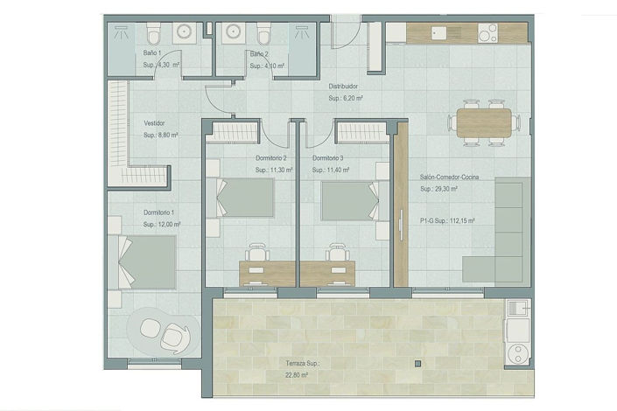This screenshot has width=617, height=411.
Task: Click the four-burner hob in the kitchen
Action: tap(487, 33)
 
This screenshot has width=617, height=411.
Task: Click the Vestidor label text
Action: tap(154, 123)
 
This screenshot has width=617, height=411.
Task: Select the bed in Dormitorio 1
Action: tap(144, 261)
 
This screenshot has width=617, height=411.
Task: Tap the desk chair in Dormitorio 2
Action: tap(258, 252)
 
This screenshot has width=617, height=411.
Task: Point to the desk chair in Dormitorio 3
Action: tap(338, 252)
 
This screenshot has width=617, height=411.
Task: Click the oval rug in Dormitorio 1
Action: tap(165, 332)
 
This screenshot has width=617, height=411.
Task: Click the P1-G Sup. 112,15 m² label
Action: tap(447, 221)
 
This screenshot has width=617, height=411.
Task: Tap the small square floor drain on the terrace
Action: tap(417, 361)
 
